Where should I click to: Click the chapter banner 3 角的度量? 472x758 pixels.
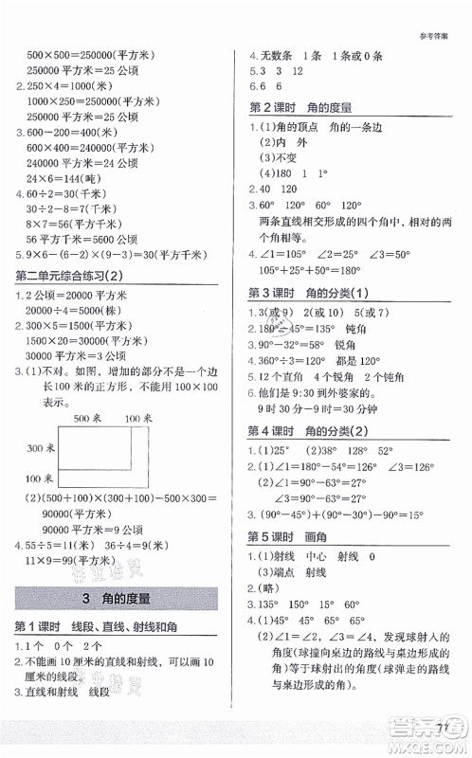[x=118, y=598]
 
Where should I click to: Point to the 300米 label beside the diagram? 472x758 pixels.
[x=42, y=421]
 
